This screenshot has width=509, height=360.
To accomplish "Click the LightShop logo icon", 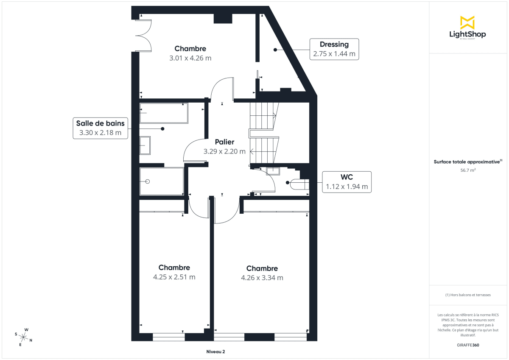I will point(467,22).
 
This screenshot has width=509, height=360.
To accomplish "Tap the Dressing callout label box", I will point(334,49).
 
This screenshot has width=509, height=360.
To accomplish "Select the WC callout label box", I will point(347,182).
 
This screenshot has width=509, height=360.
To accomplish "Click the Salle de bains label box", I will point(101,128).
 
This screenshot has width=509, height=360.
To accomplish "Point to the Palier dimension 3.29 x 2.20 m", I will point(224,151).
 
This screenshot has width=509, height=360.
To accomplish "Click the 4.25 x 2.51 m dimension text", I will point(174,277).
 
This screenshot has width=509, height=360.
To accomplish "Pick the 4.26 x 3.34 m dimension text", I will point(262,278).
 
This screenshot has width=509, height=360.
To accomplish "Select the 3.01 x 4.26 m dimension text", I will point(190,58).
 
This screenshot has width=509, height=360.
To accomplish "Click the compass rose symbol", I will point(24,337).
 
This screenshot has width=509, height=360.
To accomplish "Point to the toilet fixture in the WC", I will point(299,184).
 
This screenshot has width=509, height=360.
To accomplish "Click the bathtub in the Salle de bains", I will point(164,113).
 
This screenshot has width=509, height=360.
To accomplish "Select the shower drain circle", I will point(148,181).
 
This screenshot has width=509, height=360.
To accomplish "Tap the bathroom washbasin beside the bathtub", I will point(145,146).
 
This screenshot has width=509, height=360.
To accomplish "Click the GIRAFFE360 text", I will point(468,345).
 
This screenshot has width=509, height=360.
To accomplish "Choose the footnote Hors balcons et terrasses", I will point(468,295).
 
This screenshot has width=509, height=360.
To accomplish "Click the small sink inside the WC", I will point(273,171).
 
